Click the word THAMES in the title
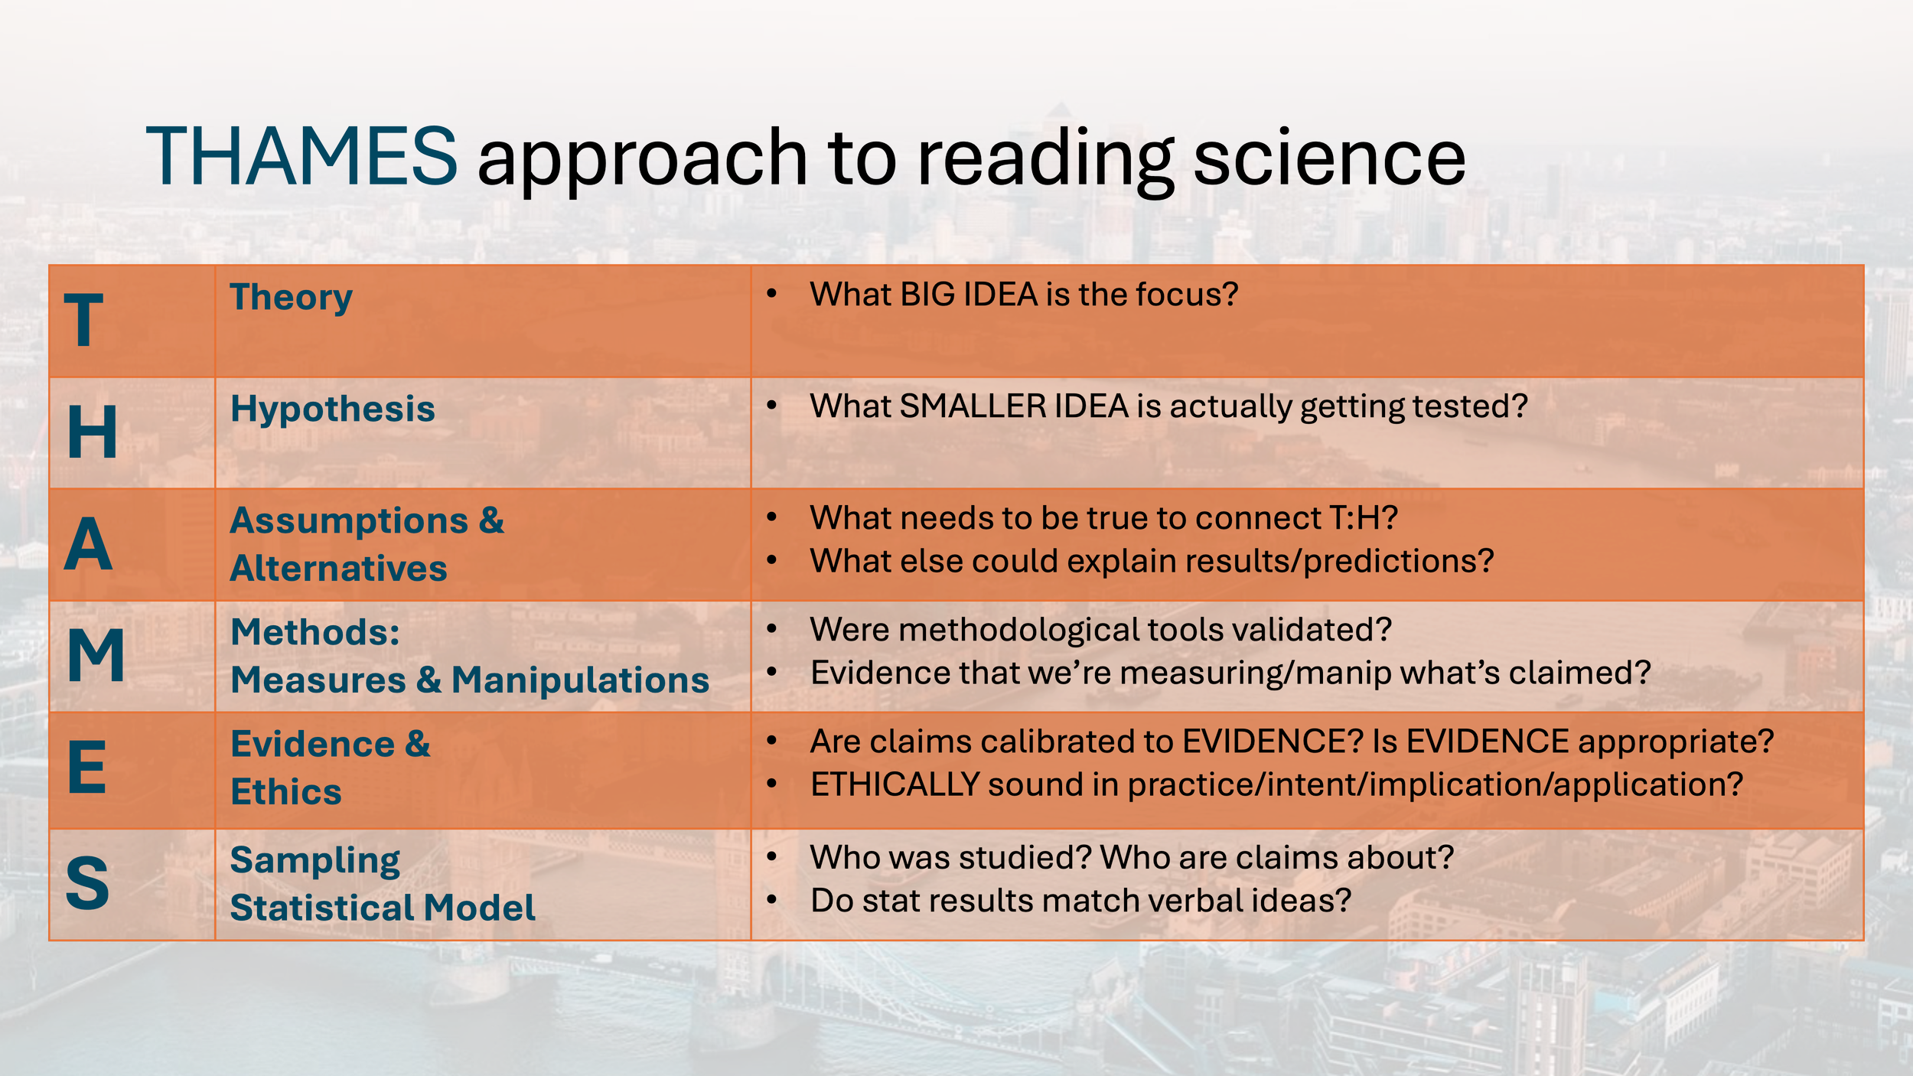(x=301, y=157)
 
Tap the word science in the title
(x=1329, y=158)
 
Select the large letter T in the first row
(x=83, y=321)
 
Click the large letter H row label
(x=93, y=432)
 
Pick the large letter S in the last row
(x=87, y=884)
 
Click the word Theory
(x=291, y=297)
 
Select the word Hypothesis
(x=332, y=409)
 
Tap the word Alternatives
(x=338, y=569)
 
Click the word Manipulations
(x=580, y=680)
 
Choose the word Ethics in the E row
(x=286, y=792)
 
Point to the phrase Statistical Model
(x=382, y=908)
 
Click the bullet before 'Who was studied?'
(x=771, y=856)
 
